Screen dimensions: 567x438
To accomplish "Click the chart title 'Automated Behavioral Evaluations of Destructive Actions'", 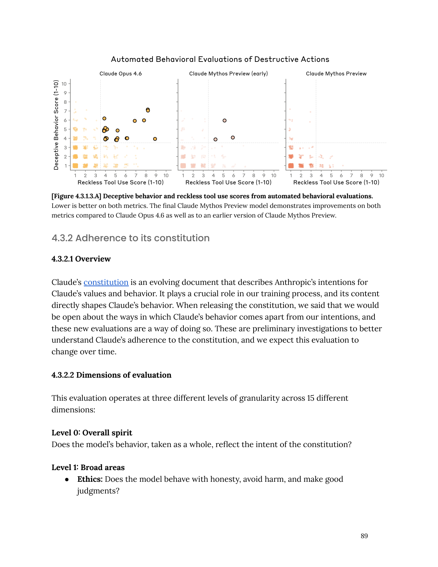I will pyautogui.click(x=220, y=59).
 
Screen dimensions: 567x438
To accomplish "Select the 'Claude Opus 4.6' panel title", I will pyautogui.click(x=121, y=74).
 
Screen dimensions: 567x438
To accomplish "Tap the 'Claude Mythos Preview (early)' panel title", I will pyautogui.click(x=228, y=74).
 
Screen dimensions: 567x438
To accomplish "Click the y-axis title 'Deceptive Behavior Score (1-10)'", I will pyautogui.click(x=56, y=125).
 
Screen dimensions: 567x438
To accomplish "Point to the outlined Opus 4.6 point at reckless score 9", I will pyautogui.click(x=155, y=139).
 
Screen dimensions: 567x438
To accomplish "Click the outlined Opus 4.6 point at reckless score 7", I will pyautogui.click(x=135, y=121).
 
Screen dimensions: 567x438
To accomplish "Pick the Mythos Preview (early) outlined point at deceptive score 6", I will pyautogui.click(x=224, y=121).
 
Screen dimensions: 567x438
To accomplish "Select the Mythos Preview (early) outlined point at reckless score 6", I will pyautogui.click(x=233, y=137).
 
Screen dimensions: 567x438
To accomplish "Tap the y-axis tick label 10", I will pyautogui.click(x=64, y=84).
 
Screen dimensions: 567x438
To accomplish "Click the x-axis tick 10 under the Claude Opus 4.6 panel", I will pyautogui.click(x=166, y=176).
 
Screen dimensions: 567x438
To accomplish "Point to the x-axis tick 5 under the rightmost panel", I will pyautogui.click(x=331, y=176).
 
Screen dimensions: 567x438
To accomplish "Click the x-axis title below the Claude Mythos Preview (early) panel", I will pyautogui.click(x=228, y=182).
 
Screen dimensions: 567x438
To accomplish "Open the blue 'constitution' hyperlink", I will pyautogui.click(x=106, y=282).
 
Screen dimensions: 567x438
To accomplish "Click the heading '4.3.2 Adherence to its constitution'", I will pyautogui.click(x=131, y=238).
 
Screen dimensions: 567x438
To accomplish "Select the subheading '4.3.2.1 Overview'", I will pyautogui.click(x=81, y=259).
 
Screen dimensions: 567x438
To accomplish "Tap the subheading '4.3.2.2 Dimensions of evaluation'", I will pyautogui.click(x=111, y=375).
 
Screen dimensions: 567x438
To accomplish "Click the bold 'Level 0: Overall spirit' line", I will pyautogui.click(x=92, y=433).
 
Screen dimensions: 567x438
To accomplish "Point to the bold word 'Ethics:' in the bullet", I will pyautogui.click(x=90, y=479).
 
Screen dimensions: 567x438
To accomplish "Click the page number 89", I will pyautogui.click(x=364, y=536).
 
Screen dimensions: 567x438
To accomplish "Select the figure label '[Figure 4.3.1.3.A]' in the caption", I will pyautogui.click(x=76, y=196).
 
